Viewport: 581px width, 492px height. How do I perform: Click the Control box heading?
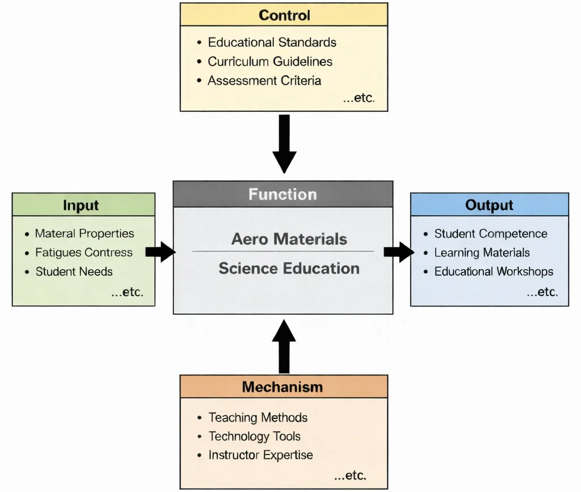pos(284,15)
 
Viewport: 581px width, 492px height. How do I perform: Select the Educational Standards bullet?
pos(272,43)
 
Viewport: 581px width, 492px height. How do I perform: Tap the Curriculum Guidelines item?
pos(270,61)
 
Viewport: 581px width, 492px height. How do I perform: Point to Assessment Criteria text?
pos(264,81)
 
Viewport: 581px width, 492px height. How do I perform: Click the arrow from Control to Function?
pos(284,143)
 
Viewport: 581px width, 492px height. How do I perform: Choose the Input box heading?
pos(82,205)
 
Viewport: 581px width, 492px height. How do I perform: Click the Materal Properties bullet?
pos(85,233)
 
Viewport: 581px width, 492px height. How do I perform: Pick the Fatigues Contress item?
pos(84,253)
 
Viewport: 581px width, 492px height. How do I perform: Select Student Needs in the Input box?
pos(74,271)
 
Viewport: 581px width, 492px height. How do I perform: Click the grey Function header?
pos(283,195)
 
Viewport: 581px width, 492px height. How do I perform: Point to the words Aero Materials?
pos(289,238)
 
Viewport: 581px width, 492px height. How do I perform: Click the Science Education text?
pos(289,268)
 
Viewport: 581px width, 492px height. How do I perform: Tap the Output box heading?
pos(489,205)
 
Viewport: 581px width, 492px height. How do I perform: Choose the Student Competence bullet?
pos(491,233)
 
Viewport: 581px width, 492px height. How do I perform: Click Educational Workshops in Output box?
pos(494,271)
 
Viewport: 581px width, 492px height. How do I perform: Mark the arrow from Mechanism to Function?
pos(284,346)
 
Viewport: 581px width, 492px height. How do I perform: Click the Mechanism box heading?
pos(282,387)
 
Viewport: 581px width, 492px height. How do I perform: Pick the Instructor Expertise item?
pos(260,455)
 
